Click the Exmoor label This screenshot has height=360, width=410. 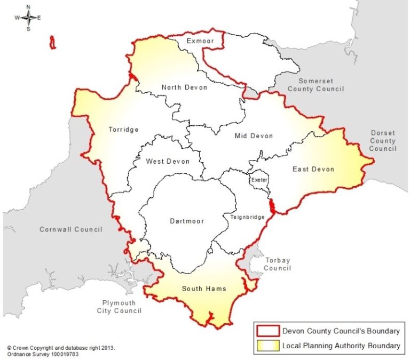point(201,41)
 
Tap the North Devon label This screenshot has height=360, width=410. point(185,87)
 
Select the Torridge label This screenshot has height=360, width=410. point(123,130)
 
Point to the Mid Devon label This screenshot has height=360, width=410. point(254,136)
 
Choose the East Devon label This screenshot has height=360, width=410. point(313,169)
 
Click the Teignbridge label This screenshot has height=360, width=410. point(244,217)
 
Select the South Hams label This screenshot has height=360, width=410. point(204,289)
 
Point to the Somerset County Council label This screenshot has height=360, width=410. point(316,85)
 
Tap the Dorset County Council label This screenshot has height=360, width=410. point(383,141)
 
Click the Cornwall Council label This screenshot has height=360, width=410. point(70,229)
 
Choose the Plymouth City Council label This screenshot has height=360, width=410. point(119,307)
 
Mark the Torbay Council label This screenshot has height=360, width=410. point(277,264)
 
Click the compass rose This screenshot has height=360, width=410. point(28,18)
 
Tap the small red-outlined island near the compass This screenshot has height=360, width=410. point(52,43)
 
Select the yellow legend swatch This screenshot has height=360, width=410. point(266,346)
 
